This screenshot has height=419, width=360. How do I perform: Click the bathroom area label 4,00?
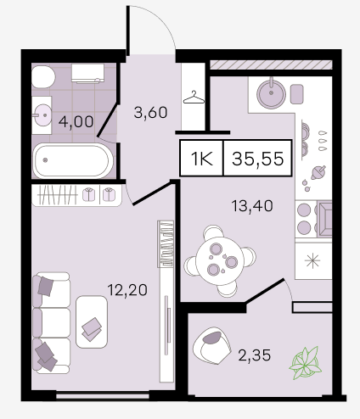point(76,122)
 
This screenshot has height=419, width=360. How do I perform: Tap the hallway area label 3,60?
point(150,113)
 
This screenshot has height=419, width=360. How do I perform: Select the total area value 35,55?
point(257,159)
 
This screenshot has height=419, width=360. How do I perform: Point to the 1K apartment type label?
point(202,159)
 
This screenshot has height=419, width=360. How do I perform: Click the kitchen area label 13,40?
point(252,206)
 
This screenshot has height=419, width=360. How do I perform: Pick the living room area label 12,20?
point(127,290)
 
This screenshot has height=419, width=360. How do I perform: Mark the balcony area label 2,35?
point(255,355)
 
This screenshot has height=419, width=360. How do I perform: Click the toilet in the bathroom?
point(43,77)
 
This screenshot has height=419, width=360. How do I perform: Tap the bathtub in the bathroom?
point(72,160)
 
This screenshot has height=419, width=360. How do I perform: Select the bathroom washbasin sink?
point(42,115)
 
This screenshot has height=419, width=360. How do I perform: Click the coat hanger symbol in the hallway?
point(194,98)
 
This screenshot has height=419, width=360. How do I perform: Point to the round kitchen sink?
point(271,93)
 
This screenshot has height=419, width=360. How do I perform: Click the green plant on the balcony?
point(306,363)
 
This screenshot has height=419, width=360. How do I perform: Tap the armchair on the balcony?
point(211,346)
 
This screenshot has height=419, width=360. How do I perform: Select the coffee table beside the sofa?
point(92,321)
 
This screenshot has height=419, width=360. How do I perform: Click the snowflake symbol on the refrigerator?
point(313,260)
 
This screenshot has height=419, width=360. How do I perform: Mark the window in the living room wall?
point(103,396)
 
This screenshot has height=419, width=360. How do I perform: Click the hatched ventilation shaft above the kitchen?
point(271,65)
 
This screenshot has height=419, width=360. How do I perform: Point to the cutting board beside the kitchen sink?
point(297,94)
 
